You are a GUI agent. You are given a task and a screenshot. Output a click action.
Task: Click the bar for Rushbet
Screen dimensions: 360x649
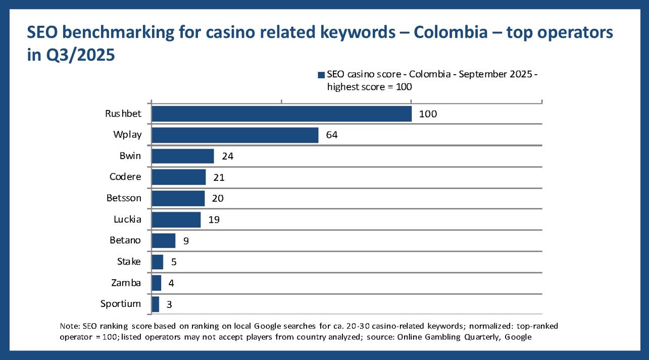click(281, 114)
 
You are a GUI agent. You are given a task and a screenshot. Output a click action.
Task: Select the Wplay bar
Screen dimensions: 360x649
click(235, 135)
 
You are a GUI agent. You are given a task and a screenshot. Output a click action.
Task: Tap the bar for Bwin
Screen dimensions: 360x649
click(182, 156)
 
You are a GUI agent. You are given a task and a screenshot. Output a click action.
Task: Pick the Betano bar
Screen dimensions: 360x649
click(163, 241)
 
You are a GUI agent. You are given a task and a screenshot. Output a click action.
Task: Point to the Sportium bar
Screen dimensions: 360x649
click(155, 304)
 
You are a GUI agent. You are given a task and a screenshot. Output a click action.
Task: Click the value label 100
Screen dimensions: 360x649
click(428, 114)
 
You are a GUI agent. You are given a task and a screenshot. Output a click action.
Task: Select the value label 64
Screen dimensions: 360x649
click(331, 135)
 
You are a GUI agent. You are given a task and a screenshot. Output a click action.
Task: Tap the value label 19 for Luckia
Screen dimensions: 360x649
click(214, 220)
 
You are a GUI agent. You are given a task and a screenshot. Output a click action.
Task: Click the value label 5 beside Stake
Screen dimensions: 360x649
click(173, 262)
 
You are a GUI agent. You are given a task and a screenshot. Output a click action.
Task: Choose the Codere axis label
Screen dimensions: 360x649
click(125, 177)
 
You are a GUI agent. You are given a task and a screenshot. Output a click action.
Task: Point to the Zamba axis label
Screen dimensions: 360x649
click(126, 283)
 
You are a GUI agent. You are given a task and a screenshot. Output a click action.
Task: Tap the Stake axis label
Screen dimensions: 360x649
click(129, 262)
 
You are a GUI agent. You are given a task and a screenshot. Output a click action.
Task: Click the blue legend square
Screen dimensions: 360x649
click(321, 75)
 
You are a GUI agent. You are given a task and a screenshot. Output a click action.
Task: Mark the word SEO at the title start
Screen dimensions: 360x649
click(42, 33)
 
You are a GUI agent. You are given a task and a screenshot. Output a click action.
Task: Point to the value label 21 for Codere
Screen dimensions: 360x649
click(219, 178)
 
